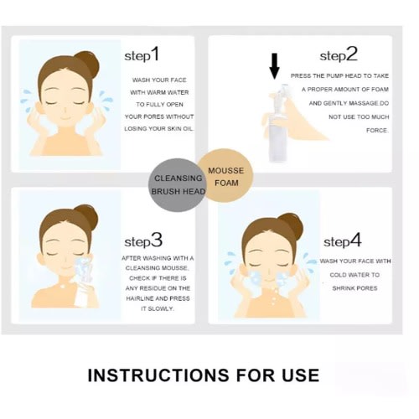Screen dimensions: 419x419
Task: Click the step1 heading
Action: (142, 54)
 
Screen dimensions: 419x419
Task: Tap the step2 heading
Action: (339, 54)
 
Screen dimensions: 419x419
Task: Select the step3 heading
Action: (143, 241)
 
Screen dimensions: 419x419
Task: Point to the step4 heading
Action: (343, 241)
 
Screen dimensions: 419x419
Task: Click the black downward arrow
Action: (275, 66)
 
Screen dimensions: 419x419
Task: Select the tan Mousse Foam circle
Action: (225, 176)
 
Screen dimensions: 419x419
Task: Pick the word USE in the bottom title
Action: (301, 375)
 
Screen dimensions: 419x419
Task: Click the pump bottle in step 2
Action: (277, 123)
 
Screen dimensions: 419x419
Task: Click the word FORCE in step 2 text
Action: (377, 131)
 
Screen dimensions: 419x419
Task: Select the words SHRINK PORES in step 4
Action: (354, 288)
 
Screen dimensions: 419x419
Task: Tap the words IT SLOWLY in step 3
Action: (158, 308)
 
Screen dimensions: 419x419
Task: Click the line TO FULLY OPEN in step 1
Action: (159, 105)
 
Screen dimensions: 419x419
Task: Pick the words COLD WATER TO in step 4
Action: (354, 275)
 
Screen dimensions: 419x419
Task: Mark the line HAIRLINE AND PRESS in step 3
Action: (158, 298)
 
